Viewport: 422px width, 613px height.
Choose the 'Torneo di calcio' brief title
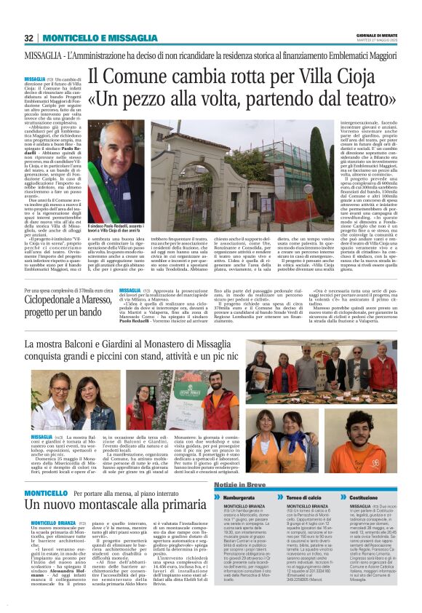(x=298, y=497)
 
